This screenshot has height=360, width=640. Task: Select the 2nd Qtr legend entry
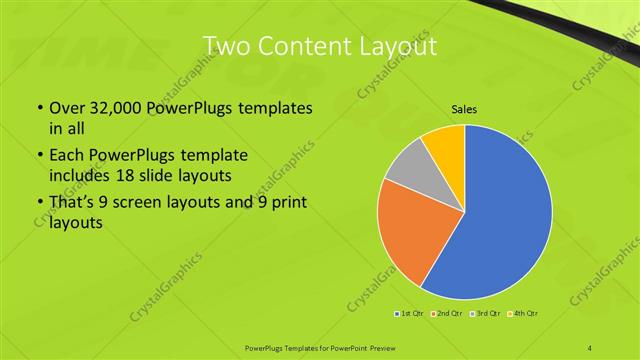444,313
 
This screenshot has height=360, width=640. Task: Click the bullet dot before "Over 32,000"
39,107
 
